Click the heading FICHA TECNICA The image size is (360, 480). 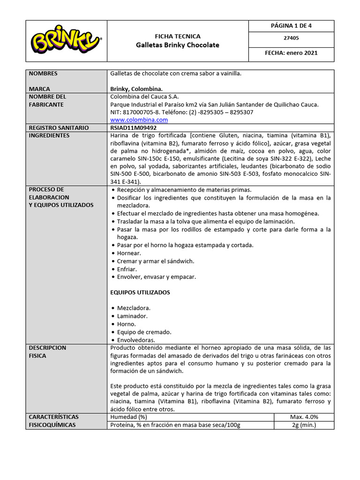(177, 36)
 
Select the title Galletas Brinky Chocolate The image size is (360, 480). (177, 45)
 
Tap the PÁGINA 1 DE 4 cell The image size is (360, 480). (291, 26)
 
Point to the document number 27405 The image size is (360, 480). (291, 38)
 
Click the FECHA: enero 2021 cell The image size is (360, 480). (291, 53)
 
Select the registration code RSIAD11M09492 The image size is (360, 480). (133, 127)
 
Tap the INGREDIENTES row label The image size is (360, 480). (49, 135)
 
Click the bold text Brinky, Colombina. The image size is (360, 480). (136, 89)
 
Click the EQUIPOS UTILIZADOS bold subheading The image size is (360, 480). (140, 292)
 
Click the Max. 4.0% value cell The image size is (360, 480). (304, 417)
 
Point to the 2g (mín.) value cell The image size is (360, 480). (304, 425)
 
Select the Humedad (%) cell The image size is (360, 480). (129, 417)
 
